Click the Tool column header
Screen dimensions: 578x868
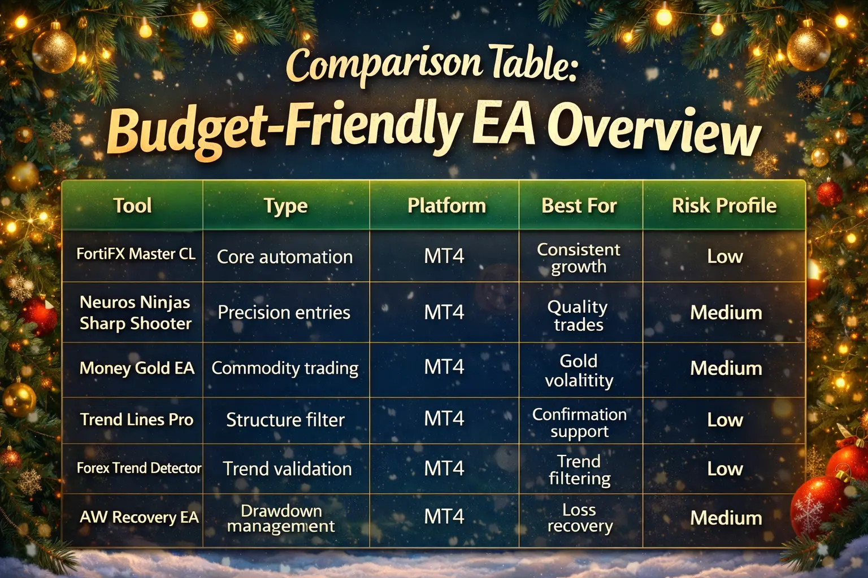[132, 205]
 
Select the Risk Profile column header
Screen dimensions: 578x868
[724, 205]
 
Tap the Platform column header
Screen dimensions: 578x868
[446, 205]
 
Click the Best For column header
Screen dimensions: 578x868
[579, 205]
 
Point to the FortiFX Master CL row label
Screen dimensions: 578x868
[136, 254]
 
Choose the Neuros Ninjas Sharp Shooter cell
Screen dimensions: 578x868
[135, 313]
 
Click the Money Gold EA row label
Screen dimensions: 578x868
[137, 368]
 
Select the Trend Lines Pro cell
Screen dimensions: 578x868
[137, 419]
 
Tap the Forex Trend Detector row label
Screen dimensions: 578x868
[138, 468]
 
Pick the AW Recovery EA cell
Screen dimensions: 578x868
[139, 517]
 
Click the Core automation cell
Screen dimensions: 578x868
[285, 257]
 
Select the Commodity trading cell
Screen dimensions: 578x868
[285, 368]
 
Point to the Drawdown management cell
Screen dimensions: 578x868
[281, 518]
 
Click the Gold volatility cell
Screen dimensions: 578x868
[579, 370]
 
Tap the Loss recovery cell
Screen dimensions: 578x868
[580, 518]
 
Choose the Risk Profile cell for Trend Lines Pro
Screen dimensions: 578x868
[725, 419]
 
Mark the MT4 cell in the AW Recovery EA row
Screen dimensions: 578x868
[444, 517]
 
